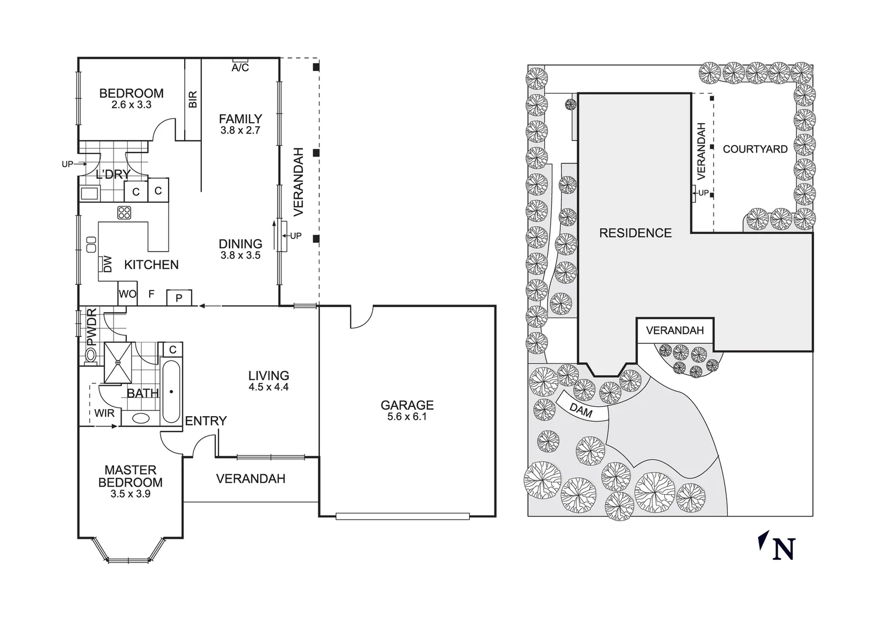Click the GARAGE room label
point(407,405)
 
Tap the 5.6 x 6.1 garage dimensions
point(407,417)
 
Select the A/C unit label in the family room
point(240,68)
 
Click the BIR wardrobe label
point(193,99)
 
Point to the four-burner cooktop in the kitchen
point(124,213)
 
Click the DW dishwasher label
point(107,264)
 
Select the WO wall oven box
point(127,294)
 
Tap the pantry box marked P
point(179,298)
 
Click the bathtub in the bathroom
point(171,391)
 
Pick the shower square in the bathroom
point(118,362)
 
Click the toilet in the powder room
point(91,356)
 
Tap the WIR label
point(104,413)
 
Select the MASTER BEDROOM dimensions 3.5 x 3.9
point(130,494)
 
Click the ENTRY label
point(205,421)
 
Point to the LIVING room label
point(268,376)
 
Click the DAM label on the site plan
point(580,410)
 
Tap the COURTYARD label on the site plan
point(755,149)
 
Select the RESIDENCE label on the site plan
point(635,233)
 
